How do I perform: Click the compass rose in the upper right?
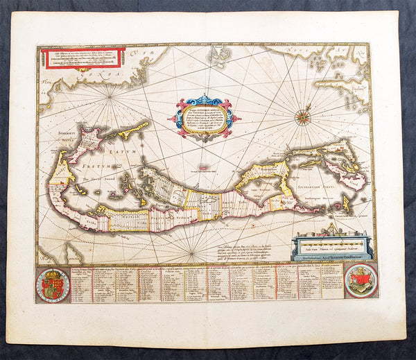(302, 117)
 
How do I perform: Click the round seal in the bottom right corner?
(361, 280)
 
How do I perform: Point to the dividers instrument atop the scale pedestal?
(331, 230)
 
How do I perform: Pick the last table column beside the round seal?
(332, 280)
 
